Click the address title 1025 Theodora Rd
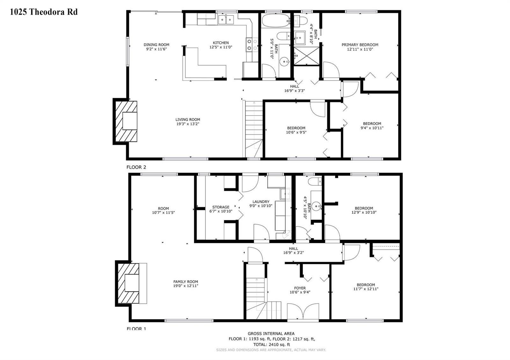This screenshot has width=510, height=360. coord(44,12)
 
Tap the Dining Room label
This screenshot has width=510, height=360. coord(157,45)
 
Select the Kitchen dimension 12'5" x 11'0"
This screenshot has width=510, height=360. coord(221,47)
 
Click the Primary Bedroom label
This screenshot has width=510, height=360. coord(360,45)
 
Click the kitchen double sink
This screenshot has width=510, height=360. coord(226,19)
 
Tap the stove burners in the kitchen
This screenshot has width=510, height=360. coord(252,45)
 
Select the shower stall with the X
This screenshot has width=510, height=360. coord(307,56)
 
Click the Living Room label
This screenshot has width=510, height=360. coord(188,119)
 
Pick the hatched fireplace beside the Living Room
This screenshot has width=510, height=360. coord(126,121)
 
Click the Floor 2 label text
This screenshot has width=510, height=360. coord(136,167)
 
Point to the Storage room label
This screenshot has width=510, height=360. coord(221,207)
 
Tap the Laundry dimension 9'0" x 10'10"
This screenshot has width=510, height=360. coord(261,206)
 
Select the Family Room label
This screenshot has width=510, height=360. coord(186,282)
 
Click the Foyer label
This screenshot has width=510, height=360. coord(300,288)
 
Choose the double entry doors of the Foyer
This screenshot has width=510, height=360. coord(303,312)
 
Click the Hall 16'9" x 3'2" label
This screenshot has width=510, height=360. coord(294,250)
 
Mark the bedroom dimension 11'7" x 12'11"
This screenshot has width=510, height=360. coord(366,289)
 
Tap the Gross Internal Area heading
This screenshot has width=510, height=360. coord(271,334)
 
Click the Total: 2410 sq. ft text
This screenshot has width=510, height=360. coord(271,344)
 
